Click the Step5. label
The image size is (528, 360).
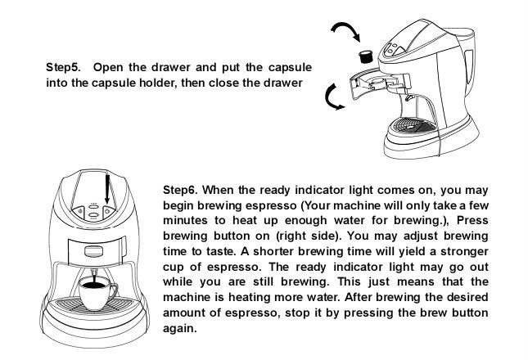coord(63,67)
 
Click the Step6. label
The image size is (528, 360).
coord(180,190)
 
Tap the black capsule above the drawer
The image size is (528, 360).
coord(366,56)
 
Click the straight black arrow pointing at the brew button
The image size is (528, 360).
coord(107,188)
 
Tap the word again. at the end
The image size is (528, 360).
coord(180,328)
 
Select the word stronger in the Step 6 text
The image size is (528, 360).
coord(464,252)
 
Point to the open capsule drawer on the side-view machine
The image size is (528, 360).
coord(374,84)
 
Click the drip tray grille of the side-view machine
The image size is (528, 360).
coord(412,126)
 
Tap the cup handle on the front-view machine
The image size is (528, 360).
coord(113,292)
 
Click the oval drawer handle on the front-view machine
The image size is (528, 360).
coord(94,251)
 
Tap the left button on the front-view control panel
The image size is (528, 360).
coord(79,212)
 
